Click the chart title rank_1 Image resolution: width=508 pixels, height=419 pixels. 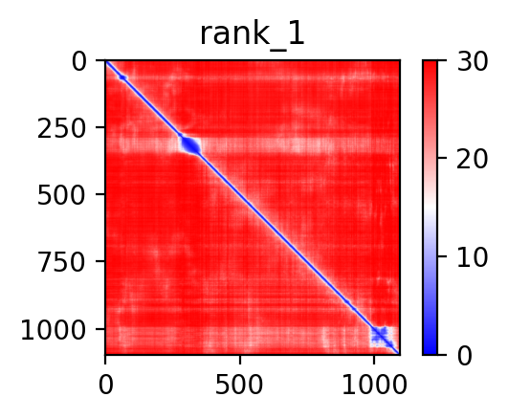click(x=253, y=35)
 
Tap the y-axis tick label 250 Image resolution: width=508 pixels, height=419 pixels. click(x=61, y=128)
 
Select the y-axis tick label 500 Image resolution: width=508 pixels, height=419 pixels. click(x=61, y=196)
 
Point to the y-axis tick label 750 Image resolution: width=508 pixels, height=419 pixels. click(x=61, y=262)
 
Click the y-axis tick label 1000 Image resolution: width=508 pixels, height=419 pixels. click(x=54, y=330)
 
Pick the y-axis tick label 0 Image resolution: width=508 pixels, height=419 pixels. click(x=79, y=62)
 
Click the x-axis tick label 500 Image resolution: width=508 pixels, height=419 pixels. click(x=239, y=386)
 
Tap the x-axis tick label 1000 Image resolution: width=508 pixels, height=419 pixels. click(x=374, y=386)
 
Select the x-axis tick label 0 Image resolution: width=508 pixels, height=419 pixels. click(x=106, y=386)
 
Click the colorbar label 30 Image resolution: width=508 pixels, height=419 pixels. click(x=472, y=61)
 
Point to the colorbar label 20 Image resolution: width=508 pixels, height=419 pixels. click(x=472, y=159)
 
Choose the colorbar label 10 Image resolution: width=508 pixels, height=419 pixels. click(x=472, y=257)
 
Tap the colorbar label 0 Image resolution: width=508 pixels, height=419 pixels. click(x=465, y=356)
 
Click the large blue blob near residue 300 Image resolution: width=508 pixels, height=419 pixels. click(x=190, y=145)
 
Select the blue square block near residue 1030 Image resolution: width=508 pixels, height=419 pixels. click(x=383, y=337)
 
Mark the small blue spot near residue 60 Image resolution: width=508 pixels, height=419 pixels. click(x=122, y=77)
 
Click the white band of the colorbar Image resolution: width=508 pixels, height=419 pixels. click(x=430, y=208)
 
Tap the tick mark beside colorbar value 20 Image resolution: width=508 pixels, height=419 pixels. click(x=442, y=158)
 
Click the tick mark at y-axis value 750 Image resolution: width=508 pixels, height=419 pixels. click(x=100, y=261)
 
